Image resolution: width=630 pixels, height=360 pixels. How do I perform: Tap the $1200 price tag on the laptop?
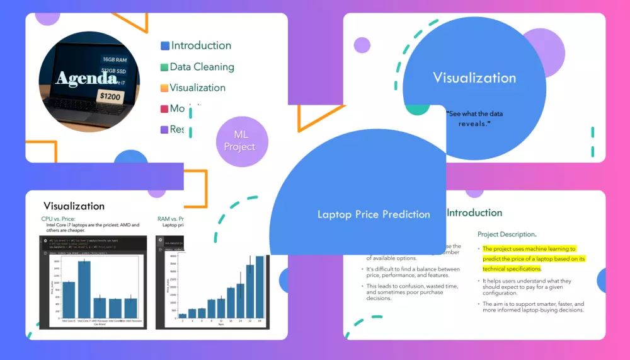[x=110, y=96]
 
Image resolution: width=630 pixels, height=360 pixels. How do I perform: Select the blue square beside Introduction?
[x=165, y=46]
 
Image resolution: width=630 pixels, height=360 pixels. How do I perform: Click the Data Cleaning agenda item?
[x=202, y=67]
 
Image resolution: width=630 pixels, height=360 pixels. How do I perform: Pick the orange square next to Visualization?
[x=164, y=88]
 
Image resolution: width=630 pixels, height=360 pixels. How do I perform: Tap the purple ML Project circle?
[x=241, y=141]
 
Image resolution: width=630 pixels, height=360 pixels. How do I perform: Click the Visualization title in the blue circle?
[x=474, y=78]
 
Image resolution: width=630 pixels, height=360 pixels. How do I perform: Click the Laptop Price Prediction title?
[x=374, y=214]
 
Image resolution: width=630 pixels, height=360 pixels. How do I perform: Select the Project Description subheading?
[x=507, y=234]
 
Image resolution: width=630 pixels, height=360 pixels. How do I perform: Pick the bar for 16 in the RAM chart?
[x=231, y=303]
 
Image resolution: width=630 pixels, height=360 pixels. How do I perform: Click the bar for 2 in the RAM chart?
[x=183, y=315]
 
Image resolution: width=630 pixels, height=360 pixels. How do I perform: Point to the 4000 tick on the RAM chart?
[x=173, y=257]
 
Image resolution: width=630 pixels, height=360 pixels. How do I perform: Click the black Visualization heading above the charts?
[x=74, y=206]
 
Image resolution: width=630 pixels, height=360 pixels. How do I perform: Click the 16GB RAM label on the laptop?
[x=115, y=59]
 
